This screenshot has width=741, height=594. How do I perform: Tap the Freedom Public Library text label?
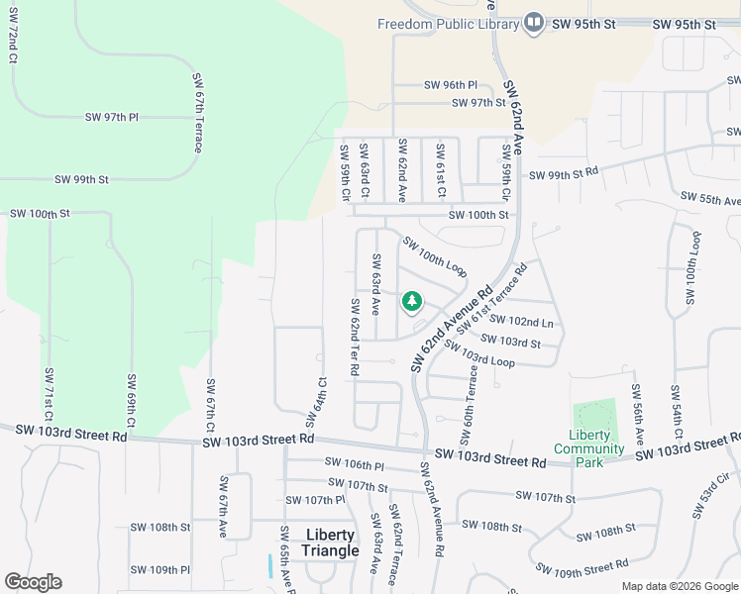[449, 24]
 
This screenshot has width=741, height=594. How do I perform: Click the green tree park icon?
[411, 301]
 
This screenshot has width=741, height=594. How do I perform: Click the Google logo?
[33, 582]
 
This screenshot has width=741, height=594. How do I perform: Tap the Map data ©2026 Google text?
[679, 586]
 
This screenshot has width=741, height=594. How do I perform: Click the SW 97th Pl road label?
[113, 117]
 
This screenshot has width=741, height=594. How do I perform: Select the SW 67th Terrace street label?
[198, 112]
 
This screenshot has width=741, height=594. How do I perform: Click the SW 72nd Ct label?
[14, 38]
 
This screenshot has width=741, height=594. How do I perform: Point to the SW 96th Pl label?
[451, 86]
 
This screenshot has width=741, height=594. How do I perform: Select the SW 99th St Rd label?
[565, 174]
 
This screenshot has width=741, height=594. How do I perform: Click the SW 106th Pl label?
[354, 463]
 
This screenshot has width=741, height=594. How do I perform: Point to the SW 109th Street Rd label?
[582, 567]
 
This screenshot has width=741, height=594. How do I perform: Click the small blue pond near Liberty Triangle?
[269, 566]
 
